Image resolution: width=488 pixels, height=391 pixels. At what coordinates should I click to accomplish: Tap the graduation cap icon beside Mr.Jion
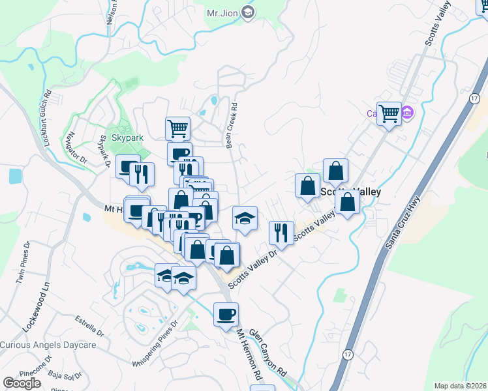[x=248, y=12]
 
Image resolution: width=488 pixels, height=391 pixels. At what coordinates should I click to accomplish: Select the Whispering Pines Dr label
[x=155, y=343]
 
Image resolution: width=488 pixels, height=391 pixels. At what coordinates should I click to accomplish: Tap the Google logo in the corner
[x=22, y=383]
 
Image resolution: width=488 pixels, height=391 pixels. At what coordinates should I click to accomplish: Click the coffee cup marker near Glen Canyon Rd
[x=226, y=314]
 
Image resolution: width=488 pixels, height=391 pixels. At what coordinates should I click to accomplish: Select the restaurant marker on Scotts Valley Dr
[x=281, y=232]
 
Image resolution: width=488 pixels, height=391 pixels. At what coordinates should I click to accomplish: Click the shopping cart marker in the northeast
[x=389, y=113]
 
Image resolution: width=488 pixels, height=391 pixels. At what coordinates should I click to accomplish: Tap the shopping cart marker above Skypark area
[x=177, y=128]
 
